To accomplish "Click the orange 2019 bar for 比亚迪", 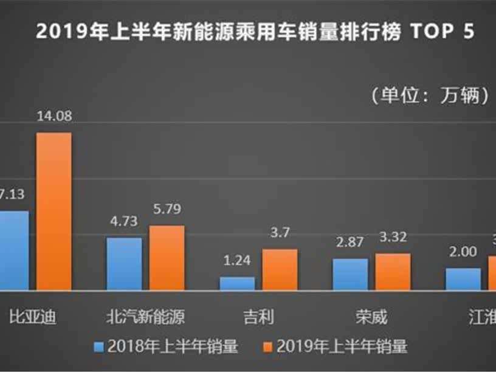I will pyautogui.click(x=54, y=211).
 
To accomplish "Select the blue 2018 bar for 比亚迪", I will pyautogui.click(x=13, y=250).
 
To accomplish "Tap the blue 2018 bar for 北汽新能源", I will pyautogui.click(x=124, y=264).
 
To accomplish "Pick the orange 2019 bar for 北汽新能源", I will pyautogui.click(x=167, y=258).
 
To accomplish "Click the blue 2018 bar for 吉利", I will pyautogui.click(x=237, y=283).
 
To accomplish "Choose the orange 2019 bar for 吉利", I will pyautogui.click(x=280, y=269).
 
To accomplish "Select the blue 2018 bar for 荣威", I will pyautogui.click(x=350, y=274).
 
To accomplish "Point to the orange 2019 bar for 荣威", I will pyautogui.click(x=393, y=272).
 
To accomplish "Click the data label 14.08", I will pyautogui.click(x=54, y=119).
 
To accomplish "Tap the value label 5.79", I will pyautogui.click(x=167, y=211).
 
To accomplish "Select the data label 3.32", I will pyautogui.click(x=393, y=239).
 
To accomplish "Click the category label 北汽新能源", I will pyautogui.click(x=145, y=317).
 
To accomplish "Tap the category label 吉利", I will pyautogui.click(x=258, y=317).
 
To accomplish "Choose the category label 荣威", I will pyautogui.click(x=371, y=317).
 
